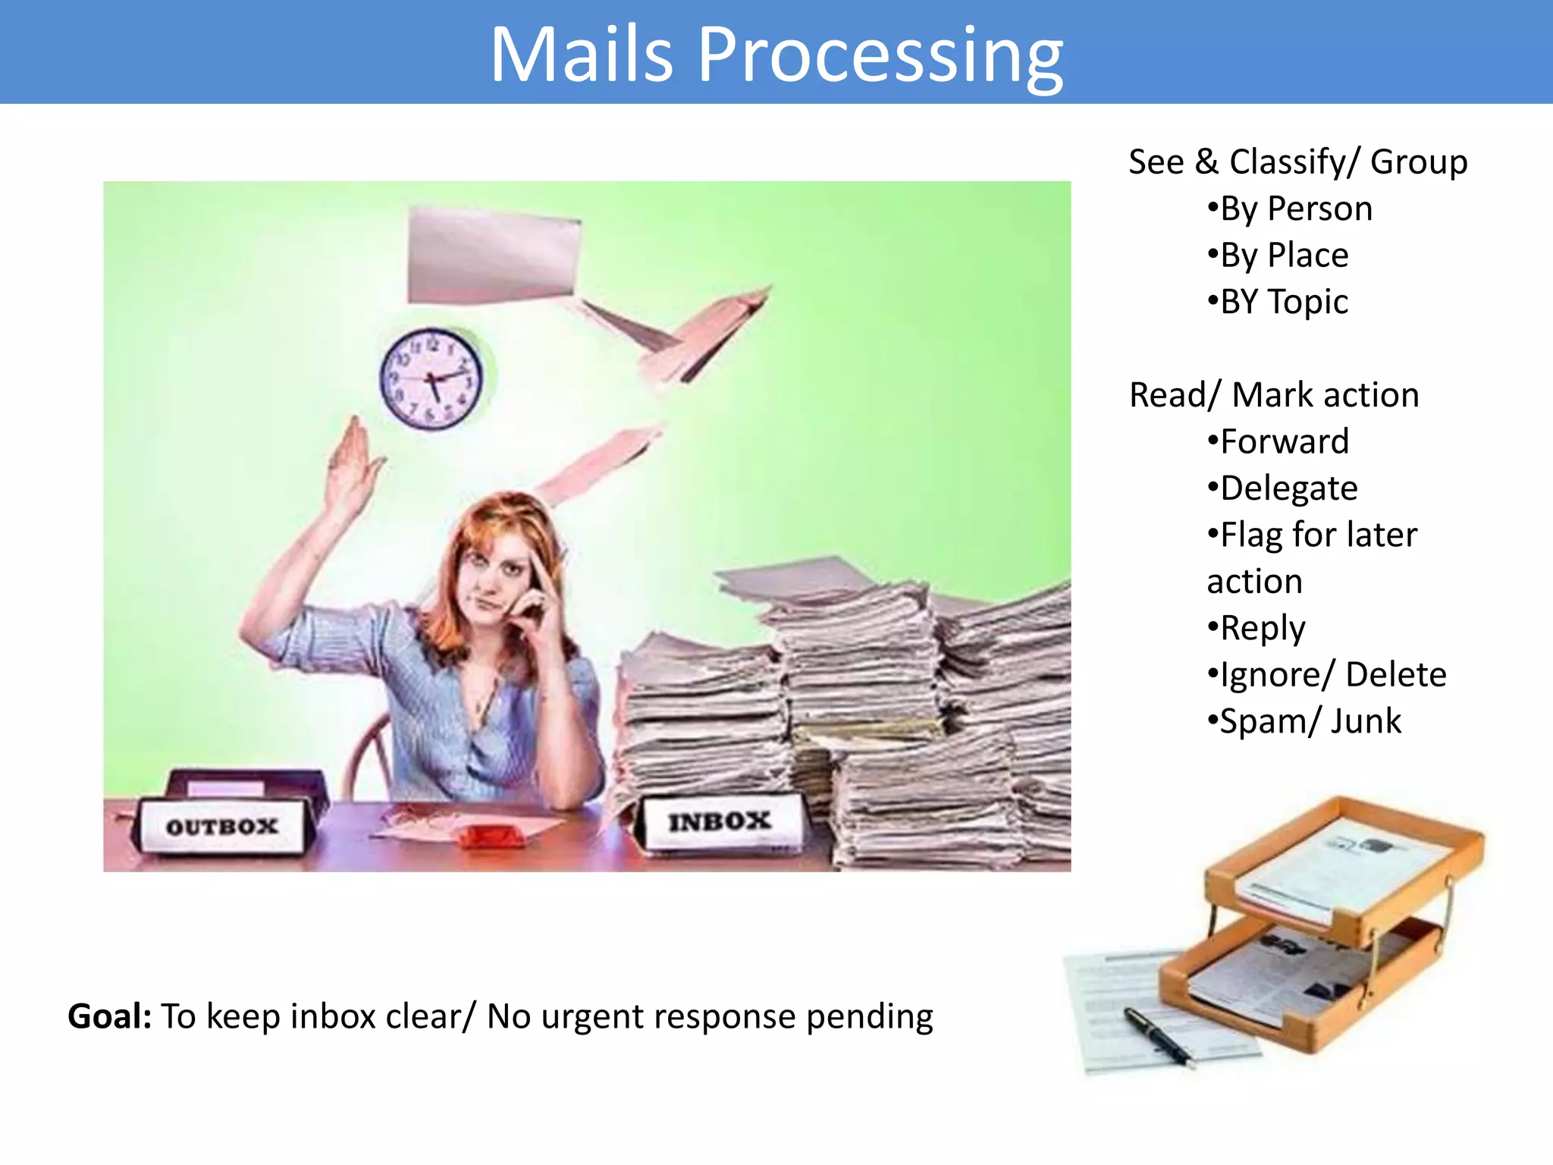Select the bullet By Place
(1278, 255)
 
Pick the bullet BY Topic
(1278, 302)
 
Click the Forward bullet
(1278, 441)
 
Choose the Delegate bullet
(1282, 488)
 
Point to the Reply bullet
(1257, 628)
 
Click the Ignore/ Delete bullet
(1327, 674)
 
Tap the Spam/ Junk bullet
(1304, 721)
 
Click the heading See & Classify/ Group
(1297, 162)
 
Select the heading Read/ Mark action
(1274, 394)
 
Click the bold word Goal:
(110, 1016)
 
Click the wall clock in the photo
(431, 378)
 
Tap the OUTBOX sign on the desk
(222, 826)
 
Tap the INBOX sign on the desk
(719, 821)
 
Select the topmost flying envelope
(493, 258)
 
